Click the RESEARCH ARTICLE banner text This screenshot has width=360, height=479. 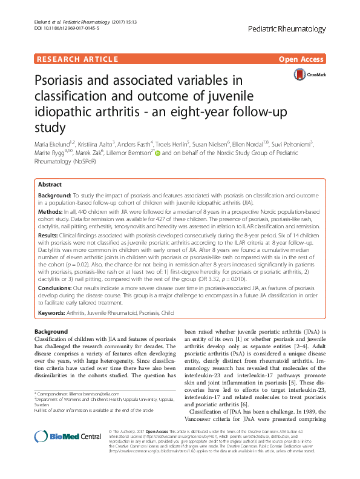(x=77, y=59)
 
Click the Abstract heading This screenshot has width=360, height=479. (x=49, y=185)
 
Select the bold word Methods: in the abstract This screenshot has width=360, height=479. (x=51, y=214)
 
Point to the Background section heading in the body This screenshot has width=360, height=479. (x=50, y=332)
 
